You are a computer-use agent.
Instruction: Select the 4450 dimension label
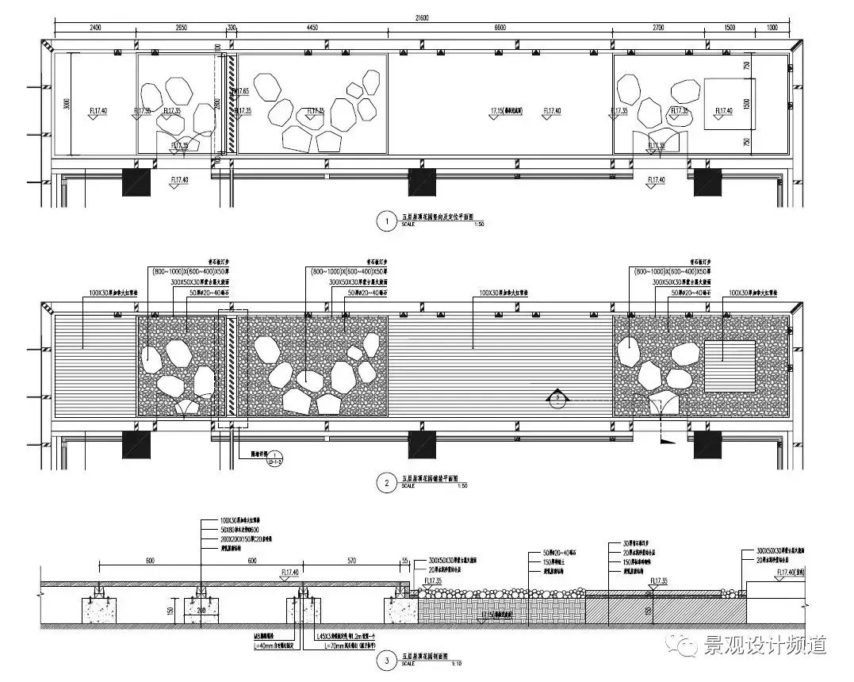[x=312, y=28]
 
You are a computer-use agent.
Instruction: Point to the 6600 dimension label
[x=500, y=28]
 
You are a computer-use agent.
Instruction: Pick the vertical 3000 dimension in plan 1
[x=67, y=103]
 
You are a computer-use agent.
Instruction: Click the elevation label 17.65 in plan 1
[x=243, y=91]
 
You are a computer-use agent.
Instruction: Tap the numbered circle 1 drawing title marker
[x=387, y=222]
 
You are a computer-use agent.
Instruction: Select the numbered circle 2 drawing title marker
[x=387, y=481]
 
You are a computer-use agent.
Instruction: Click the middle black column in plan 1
[x=422, y=182]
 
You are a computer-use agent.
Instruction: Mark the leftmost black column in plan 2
[x=136, y=445]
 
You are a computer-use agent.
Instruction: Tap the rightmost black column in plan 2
[x=707, y=445]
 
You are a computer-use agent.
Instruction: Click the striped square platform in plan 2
[x=730, y=366]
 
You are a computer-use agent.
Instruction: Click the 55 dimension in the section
[x=404, y=560]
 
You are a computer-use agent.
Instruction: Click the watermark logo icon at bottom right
[x=688, y=646]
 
